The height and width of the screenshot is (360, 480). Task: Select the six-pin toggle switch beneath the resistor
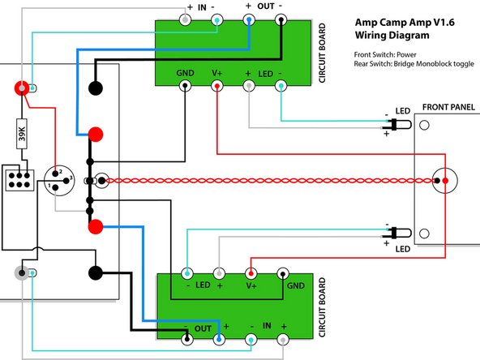click(19, 179)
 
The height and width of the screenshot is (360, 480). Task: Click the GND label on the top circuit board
click(186, 74)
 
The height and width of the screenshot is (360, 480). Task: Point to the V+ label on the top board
click(217, 74)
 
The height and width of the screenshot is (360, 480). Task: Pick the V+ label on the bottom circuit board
click(251, 285)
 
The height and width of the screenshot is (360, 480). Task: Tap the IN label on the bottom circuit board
click(265, 324)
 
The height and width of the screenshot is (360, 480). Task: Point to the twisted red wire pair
click(268, 180)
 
